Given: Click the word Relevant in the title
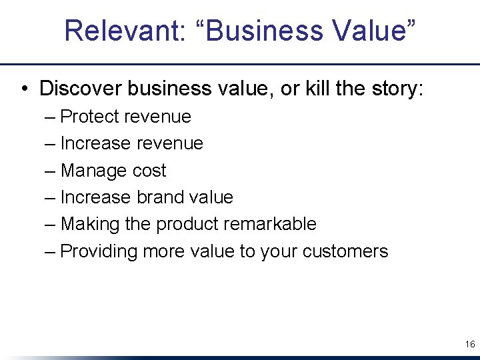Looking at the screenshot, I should (116, 31).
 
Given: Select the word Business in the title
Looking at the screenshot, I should (253, 31).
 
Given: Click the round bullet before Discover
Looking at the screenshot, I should (23, 89).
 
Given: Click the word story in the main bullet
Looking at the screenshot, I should (392, 88).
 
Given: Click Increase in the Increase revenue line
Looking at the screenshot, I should (95, 143).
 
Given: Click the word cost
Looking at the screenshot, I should (149, 171).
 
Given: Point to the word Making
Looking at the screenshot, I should (90, 224).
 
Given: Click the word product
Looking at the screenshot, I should (186, 224).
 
